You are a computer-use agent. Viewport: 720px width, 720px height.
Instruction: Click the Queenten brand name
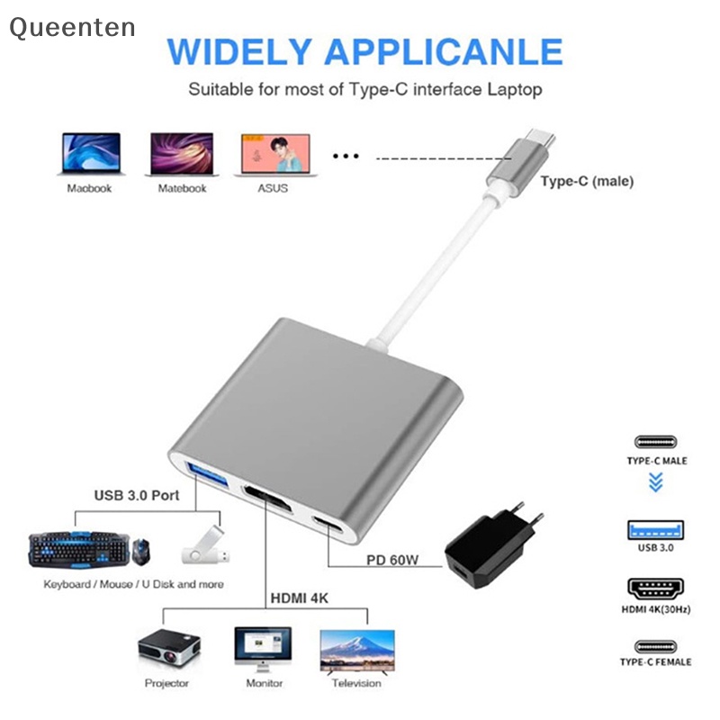72,28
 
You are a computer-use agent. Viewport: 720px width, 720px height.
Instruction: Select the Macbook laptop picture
89,155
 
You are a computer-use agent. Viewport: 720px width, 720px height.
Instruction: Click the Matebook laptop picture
182,155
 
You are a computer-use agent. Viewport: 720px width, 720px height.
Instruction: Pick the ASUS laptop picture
274,155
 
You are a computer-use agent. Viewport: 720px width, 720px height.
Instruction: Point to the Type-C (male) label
587,181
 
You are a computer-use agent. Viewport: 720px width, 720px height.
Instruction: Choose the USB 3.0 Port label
137,495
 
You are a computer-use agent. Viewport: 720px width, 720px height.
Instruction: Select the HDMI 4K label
301,597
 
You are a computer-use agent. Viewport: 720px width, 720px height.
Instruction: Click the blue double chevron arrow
655,483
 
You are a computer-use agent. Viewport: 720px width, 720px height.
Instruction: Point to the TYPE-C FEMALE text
655,661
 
